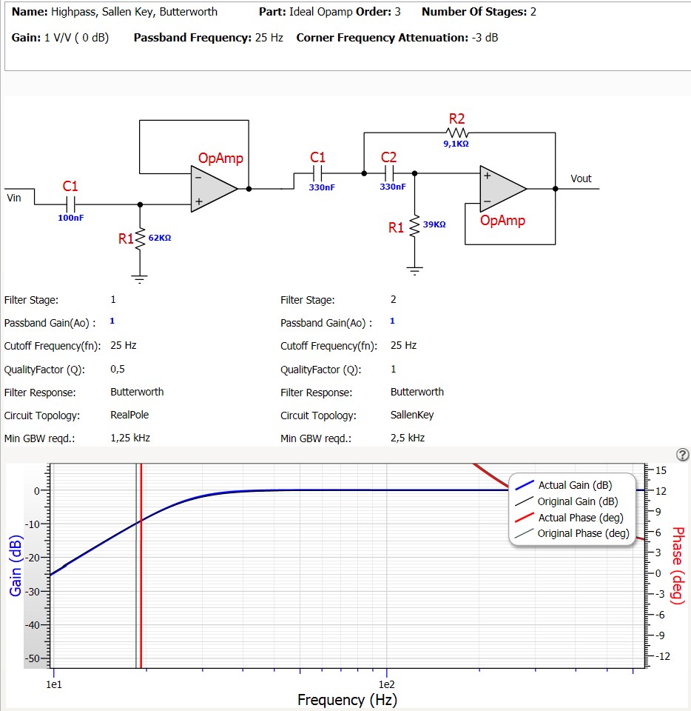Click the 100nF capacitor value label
pos(71,218)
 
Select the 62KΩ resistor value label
pos(159,238)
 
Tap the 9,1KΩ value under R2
pos(456,144)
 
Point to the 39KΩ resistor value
pos(434,224)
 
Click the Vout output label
pos(581,178)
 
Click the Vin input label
pos(14,197)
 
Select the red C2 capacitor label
pos(388,157)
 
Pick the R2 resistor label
pos(456,118)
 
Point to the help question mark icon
pos(683,454)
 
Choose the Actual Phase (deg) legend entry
pos(581,518)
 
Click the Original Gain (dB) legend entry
pos(578,501)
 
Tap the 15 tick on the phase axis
pos(661,470)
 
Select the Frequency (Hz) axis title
pos(347,699)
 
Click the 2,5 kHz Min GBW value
pos(408,438)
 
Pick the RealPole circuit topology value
pos(129,415)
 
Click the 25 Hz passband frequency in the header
pos(269,37)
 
